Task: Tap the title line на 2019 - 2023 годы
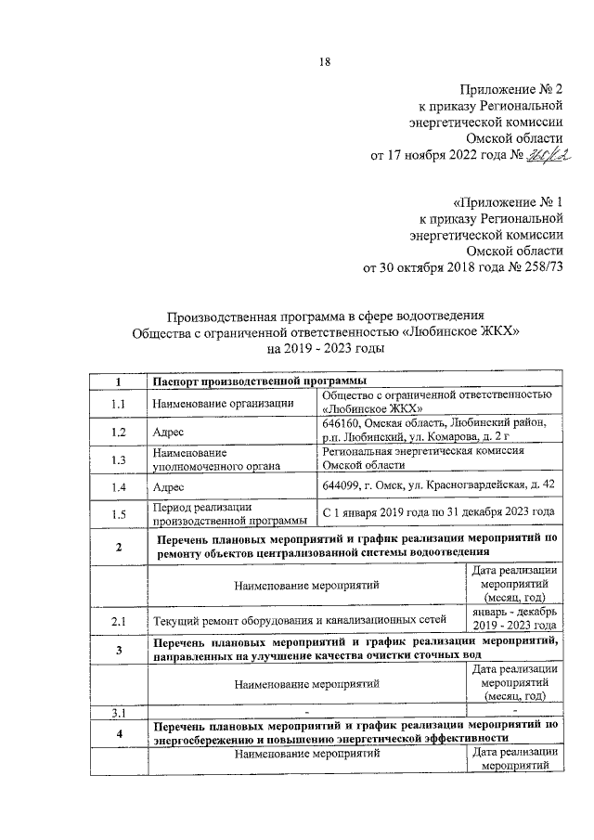[325, 349]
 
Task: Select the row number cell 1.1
[118, 404]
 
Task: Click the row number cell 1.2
[118, 432]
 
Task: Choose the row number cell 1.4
[118, 486]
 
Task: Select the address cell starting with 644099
[438, 485]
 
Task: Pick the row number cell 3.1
[118, 712]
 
